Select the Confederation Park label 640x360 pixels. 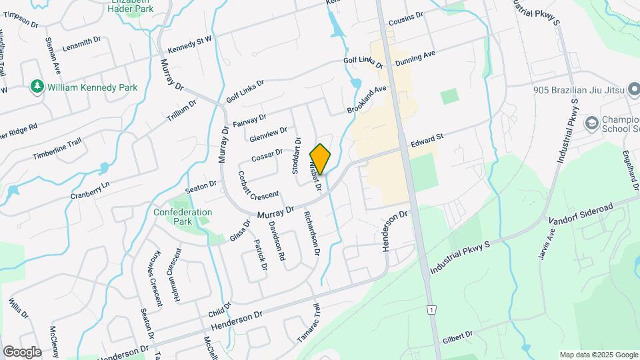click(x=183, y=216)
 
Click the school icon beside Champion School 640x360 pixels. click(x=591, y=123)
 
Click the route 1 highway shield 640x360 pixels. click(x=433, y=310)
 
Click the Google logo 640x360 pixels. click(x=21, y=351)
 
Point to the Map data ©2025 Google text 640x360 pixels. click(x=598, y=355)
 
